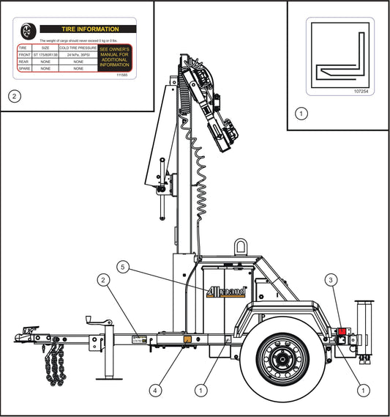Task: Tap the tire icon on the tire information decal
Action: tap(28, 31)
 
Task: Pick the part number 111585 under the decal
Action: tap(123, 76)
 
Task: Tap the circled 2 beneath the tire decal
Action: tap(13, 95)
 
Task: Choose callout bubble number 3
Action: tap(331, 279)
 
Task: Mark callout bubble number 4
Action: tap(154, 391)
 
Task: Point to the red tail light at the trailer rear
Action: tap(341, 331)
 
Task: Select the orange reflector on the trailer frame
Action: tap(187, 339)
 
